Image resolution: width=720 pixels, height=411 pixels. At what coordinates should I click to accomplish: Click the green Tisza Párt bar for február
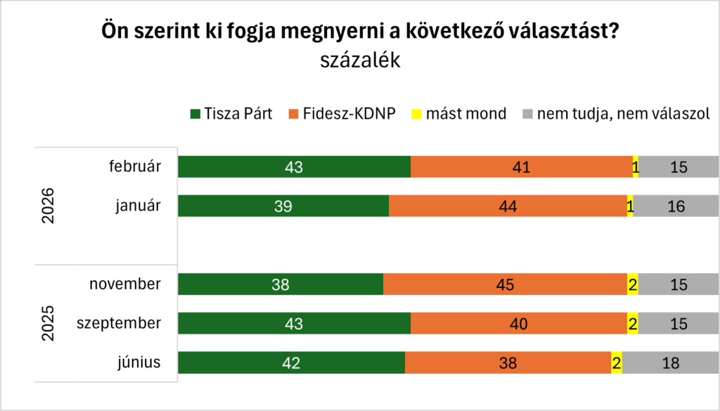point(294,167)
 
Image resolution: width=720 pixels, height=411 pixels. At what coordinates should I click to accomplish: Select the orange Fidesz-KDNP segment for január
point(508,206)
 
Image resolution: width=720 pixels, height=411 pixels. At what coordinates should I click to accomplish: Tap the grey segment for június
point(670,363)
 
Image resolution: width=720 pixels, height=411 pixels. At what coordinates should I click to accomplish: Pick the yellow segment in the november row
point(632,285)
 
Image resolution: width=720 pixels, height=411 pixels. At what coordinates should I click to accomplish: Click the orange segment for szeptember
point(518,324)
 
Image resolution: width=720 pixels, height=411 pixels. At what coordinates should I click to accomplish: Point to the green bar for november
point(281,285)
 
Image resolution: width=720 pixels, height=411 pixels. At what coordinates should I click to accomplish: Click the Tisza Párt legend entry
point(236,114)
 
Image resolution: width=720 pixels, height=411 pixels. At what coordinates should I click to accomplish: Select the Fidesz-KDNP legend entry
point(345,114)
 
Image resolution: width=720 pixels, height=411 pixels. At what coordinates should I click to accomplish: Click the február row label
point(136,167)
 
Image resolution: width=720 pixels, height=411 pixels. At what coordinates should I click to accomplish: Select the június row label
point(140,363)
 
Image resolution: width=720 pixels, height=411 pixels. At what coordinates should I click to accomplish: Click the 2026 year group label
point(49,205)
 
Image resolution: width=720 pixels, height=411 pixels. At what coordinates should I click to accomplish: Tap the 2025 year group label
point(49,323)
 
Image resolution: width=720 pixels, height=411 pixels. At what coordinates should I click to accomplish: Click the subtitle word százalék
point(360,61)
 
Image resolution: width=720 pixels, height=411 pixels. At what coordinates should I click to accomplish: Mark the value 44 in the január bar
point(508,207)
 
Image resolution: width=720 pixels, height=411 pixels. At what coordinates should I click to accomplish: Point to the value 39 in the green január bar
point(283,207)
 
